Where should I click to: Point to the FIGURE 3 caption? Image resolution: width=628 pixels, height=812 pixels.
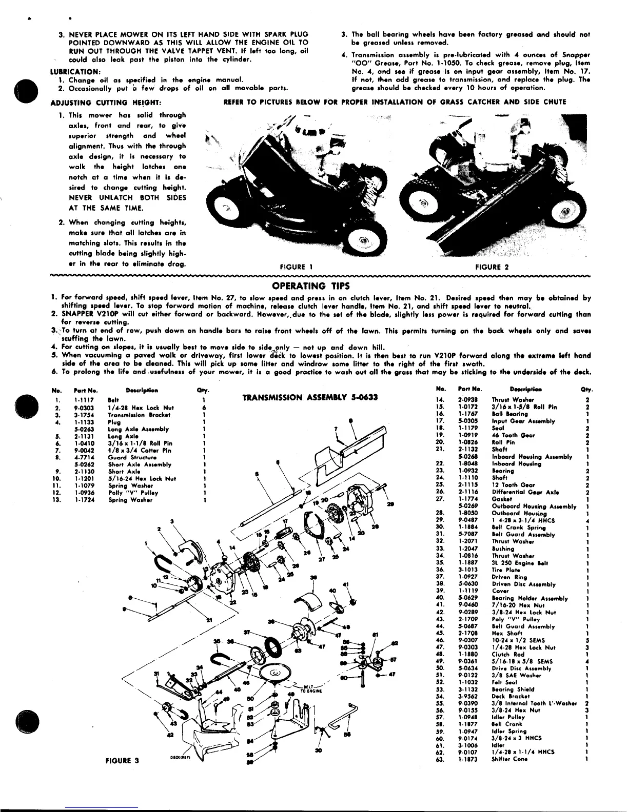[122, 761]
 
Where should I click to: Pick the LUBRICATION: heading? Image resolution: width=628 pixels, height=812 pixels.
[75, 71]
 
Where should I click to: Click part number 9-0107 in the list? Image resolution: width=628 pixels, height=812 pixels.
[467, 752]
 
